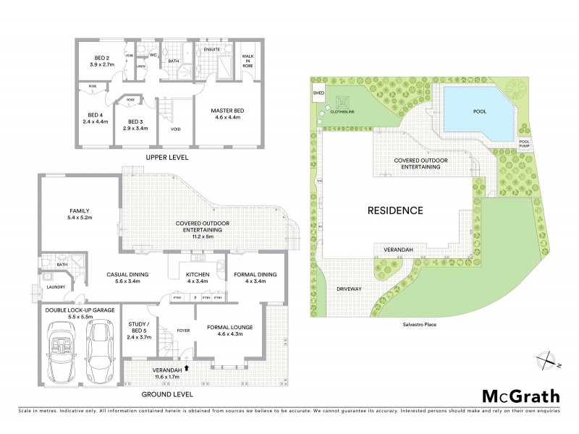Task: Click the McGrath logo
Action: click(x=521, y=396)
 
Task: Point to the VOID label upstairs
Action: click(x=175, y=129)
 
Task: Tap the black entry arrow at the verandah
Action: click(x=187, y=367)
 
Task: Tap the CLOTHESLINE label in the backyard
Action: click(x=342, y=112)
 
